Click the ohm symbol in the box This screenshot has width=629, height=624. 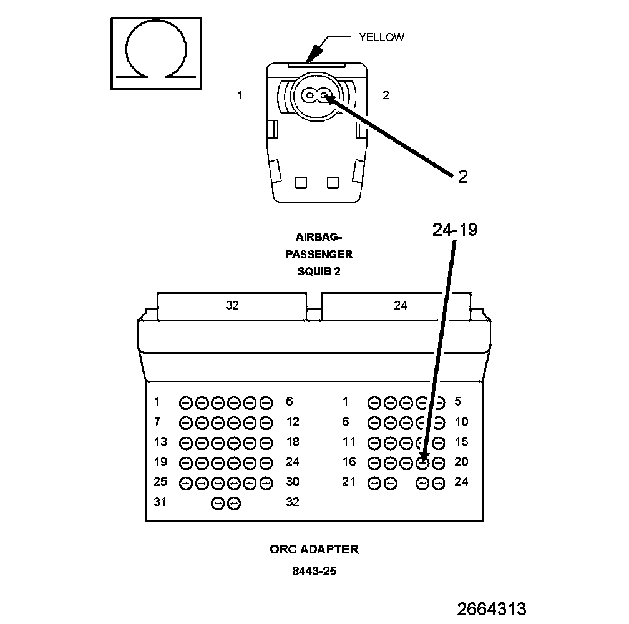pos(157,54)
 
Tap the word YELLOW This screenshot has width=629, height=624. pos(381,37)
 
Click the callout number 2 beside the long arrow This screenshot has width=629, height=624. pos(462,177)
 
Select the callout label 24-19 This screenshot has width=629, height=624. pos(455,230)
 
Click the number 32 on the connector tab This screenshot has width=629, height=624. pos(232,305)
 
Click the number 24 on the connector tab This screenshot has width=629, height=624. pos(401,305)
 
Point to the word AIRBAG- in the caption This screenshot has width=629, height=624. pos(319,237)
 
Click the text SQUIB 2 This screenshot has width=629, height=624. pos(319,271)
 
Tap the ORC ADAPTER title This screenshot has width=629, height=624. pos(314,550)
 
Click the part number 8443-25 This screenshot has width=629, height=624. pos(314,571)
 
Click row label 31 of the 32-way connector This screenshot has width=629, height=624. pos(160,502)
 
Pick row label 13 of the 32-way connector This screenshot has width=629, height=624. pos(160,442)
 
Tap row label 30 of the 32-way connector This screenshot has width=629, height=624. pos(293,482)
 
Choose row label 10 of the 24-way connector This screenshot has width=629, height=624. pos(461,422)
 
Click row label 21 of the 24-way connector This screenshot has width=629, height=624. pos(348,482)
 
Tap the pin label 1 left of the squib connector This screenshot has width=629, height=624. pos(240,95)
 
